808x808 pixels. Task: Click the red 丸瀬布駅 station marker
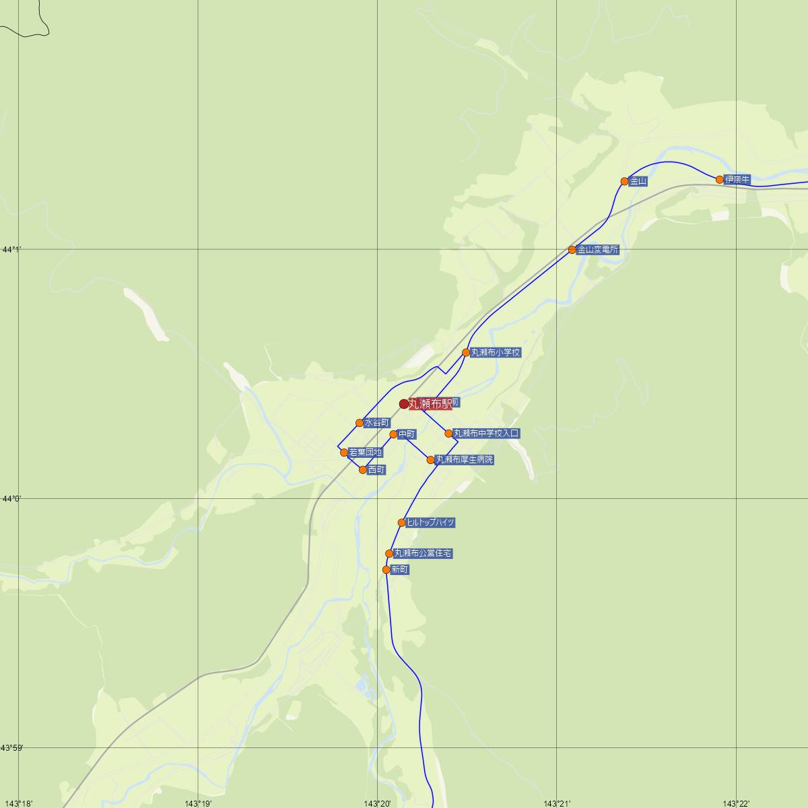(404, 404)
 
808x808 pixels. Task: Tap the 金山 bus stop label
(638, 181)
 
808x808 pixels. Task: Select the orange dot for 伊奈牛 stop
(720, 180)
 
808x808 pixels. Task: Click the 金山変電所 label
(597, 250)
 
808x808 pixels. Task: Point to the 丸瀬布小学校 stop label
(496, 352)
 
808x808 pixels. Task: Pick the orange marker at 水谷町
(360, 423)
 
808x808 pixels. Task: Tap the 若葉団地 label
(366, 452)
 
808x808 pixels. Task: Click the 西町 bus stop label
(376, 470)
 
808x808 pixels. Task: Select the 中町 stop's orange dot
(394, 434)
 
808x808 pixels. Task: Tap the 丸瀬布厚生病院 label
(465, 460)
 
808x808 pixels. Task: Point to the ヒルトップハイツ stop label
(431, 523)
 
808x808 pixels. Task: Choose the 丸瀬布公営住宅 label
(423, 553)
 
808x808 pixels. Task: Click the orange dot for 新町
(386, 570)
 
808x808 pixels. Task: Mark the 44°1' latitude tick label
(11, 250)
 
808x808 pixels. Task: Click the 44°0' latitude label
(11, 499)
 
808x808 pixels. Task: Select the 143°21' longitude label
(557, 803)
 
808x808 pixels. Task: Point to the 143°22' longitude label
(736, 803)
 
